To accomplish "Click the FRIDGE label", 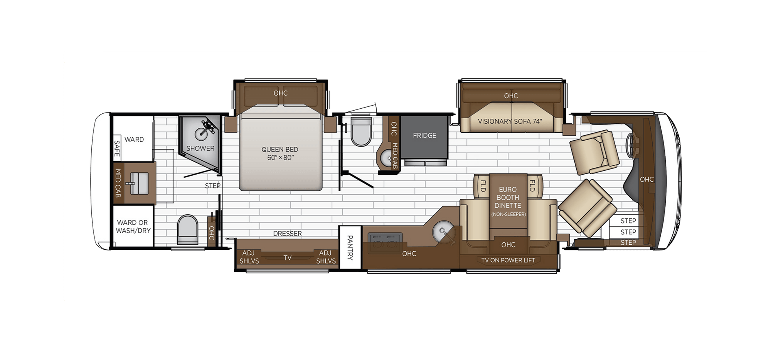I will point(424,136).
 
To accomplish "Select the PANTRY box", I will point(350,247).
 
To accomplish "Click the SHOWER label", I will point(200,148).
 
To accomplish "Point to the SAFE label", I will point(117,148).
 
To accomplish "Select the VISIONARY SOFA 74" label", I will point(510,121).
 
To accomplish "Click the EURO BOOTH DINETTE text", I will point(508,198).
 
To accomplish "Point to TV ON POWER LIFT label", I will point(508,261).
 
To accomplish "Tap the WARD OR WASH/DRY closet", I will point(133,227).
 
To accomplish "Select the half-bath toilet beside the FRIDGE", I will point(361,132).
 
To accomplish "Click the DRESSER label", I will point(287,234).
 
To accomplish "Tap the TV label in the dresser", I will point(287,258).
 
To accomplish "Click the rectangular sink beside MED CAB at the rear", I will point(139,183).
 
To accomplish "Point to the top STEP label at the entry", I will point(628,221).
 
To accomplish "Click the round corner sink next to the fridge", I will point(385,158).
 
